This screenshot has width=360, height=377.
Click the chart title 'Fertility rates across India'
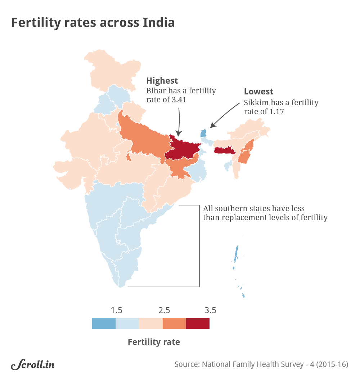tap(93, 23)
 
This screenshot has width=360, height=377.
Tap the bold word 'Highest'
tap(162, 80)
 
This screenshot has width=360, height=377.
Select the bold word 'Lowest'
tap(258, 92)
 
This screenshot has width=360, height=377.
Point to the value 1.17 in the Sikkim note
tap(276, 112)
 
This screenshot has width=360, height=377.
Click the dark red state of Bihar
tap(184, 148)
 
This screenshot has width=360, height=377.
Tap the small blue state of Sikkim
tap(203, 133)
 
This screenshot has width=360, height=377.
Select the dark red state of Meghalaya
tap(225, 151)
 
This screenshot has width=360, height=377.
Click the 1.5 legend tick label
tap(116, 310)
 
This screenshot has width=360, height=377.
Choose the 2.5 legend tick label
tap(163, 310)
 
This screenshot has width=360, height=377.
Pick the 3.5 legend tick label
tap(210, 310)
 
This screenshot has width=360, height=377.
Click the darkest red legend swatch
tap(198, 323)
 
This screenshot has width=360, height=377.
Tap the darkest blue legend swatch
tap(104, 323)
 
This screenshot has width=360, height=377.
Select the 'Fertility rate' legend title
tap(154, 342)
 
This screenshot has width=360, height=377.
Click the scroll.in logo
tap(33, 364)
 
